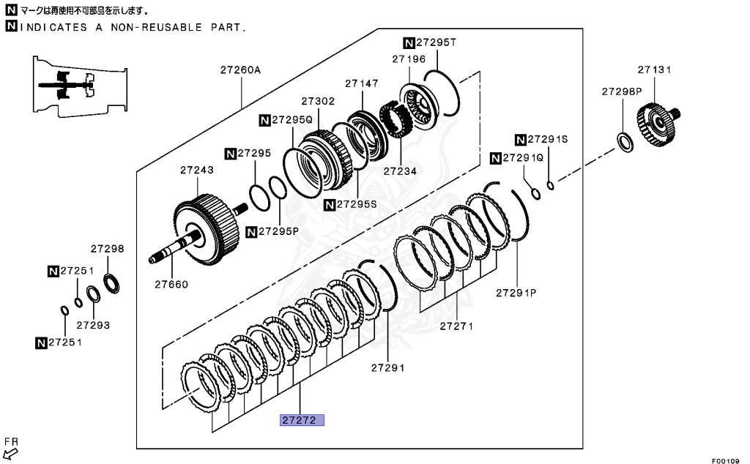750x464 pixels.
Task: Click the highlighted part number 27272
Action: coord(300,421)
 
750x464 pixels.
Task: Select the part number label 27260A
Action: coord(241,70)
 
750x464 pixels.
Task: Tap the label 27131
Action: coord(654,70)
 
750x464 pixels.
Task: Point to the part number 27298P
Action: coord(622,91)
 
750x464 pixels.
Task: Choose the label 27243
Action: coord(197,170)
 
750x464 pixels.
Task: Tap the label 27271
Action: coord(456,325)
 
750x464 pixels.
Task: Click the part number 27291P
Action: coord(516,292)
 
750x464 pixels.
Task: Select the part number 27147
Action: coord(361,83)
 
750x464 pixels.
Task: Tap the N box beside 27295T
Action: coord(409,42)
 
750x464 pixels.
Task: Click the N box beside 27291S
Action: coord(521,139)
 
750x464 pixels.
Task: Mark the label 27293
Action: coord(93,324)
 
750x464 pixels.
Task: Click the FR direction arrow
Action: coord(11,452)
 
